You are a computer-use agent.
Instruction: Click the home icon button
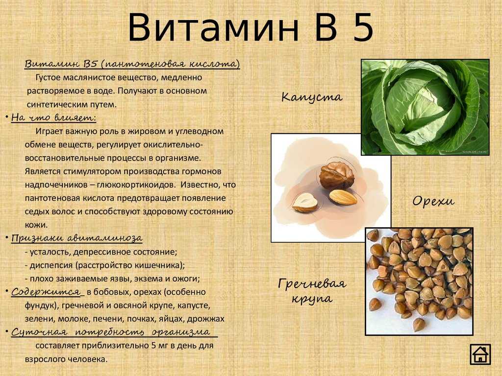(480, 354)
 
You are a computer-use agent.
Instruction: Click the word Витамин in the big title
(213, 28)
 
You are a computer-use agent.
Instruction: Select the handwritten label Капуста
(312, 97)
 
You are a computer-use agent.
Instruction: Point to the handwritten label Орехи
(433, 201)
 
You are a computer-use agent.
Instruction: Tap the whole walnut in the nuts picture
(337, 176)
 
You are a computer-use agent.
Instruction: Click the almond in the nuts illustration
(343, 197)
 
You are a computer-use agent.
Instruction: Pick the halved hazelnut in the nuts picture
(304, 203)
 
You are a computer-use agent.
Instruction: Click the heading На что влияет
(53, 117)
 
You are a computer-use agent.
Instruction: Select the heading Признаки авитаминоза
(77, 238)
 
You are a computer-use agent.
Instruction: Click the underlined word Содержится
(46, 292)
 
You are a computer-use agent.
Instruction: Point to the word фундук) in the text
(41, 305)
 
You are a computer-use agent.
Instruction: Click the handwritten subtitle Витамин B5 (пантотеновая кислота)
(132, 64)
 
